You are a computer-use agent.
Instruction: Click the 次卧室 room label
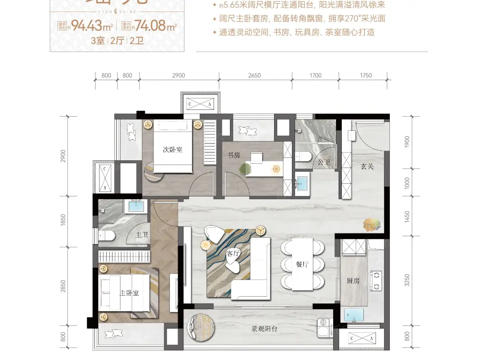coord(172,150)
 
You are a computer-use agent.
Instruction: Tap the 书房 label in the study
coord(234,155)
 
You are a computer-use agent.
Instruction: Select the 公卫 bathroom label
coord(324,162)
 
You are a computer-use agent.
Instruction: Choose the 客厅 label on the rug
coord(233,253)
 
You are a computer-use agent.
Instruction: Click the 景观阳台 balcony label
coord(265,329)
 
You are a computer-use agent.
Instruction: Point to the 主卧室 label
coord(129,293)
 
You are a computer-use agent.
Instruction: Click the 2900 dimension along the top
coord(178,75)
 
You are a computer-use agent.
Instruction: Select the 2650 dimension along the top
coord(255,75)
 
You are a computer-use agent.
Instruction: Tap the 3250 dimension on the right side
coord(407,280)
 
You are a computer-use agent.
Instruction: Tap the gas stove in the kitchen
coord(377,281)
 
